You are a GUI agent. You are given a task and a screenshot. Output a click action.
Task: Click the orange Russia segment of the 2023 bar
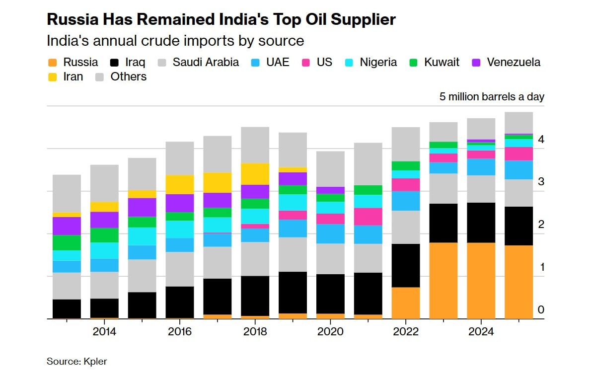tap(443, 281)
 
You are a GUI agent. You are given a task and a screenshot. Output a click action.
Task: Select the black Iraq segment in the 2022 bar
tap(406, 265)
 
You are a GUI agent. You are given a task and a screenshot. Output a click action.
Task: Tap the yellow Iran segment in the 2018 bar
tap(255, 174)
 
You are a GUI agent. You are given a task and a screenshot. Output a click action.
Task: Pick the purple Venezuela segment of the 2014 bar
tap(104, 220)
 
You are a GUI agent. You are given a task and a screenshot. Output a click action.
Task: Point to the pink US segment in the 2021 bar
tap(368, 217)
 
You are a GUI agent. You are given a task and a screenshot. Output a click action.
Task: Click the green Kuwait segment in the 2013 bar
tap(67, 242)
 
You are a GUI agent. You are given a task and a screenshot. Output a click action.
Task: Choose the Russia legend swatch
tap(52, 63)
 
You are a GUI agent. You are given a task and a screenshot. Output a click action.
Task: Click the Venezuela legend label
tap(514, 63)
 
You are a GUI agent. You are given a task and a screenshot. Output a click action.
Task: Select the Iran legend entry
tap(73, 77)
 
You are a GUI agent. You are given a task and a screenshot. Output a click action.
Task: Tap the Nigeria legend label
tap(378, 63)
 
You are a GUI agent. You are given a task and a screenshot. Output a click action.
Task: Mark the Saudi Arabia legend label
tap(206, 63)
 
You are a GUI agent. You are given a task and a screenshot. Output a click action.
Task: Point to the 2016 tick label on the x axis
tap(180, 331)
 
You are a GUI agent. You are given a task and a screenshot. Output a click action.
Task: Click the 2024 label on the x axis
tap(481, 331)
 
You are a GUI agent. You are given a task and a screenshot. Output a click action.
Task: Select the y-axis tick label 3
tap(541, 182)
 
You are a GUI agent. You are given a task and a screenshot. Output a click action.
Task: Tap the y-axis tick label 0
tap(541, 310)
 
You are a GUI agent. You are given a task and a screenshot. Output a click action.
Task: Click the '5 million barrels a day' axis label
tap(492, 97)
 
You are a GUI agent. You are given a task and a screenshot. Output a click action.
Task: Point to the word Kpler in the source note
tap(95, 362)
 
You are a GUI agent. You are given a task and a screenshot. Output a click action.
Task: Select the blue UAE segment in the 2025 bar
tap(519, 170)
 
